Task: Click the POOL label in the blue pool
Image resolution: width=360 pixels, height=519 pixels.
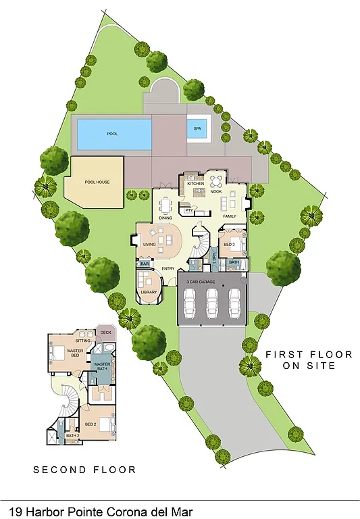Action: [112, 134]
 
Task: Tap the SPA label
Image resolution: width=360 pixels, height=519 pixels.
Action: [197, 128]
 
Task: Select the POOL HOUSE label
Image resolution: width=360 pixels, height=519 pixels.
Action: [97, 182]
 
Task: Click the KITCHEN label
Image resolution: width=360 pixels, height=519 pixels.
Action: [195, 184]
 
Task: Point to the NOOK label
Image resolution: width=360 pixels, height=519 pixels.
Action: [216, 192]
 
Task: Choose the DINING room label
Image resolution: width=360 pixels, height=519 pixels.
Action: [165, 218]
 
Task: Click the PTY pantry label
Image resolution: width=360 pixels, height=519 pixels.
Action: [189, 210]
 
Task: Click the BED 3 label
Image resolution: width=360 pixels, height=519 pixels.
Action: [229, 243]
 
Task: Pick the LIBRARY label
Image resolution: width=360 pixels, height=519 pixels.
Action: [149, 292]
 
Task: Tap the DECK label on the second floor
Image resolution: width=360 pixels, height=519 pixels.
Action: [105, 332]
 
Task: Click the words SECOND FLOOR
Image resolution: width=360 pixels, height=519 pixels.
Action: [84, 469]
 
